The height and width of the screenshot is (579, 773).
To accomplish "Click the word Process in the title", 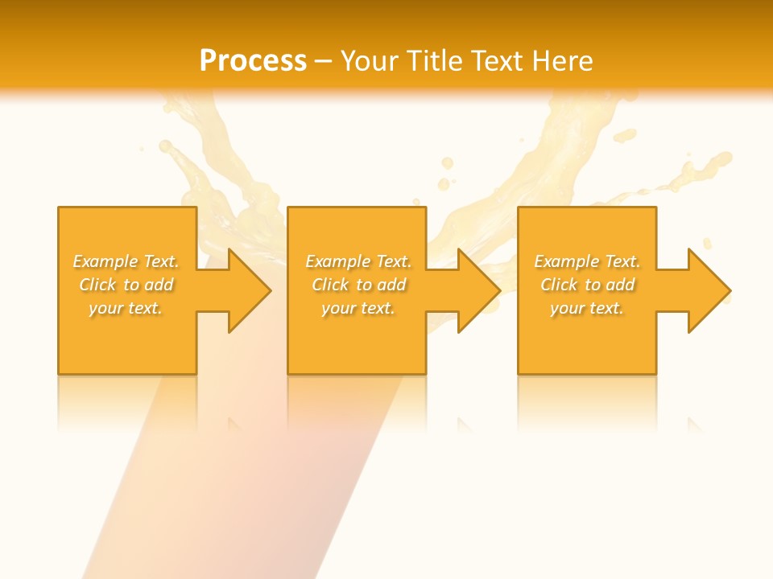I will (253, 60).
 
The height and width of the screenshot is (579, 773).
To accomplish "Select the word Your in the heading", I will (370, 60).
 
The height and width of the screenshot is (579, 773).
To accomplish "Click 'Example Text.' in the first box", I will (126, 261).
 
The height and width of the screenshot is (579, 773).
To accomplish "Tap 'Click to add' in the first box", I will (126, 285).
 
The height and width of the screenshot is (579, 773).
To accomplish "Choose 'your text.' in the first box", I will (126, 308).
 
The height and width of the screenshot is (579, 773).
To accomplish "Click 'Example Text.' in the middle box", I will (358, 261).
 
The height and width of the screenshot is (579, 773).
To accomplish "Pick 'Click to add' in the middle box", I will (358, 285).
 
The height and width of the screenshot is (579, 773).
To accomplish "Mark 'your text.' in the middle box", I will (358, 308).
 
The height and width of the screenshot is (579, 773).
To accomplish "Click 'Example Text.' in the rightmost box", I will (587, 261).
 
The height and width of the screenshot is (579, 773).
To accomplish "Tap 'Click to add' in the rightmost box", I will (588, 285).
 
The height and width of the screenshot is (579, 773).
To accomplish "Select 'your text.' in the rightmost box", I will (587, 308).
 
